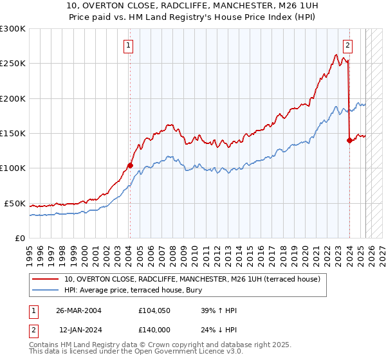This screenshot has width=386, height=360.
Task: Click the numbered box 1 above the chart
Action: [x=129, y=46]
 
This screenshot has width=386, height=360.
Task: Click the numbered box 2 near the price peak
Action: [x=347, y=46]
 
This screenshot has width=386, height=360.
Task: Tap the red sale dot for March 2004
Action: [x=130, y=165]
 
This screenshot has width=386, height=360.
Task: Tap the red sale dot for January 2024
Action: [x=349, y=140]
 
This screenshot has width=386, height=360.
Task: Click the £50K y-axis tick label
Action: [x=15, y=203]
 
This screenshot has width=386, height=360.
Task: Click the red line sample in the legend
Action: [x=46, y=279]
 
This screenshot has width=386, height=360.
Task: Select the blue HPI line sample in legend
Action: [x=46, y=290]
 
